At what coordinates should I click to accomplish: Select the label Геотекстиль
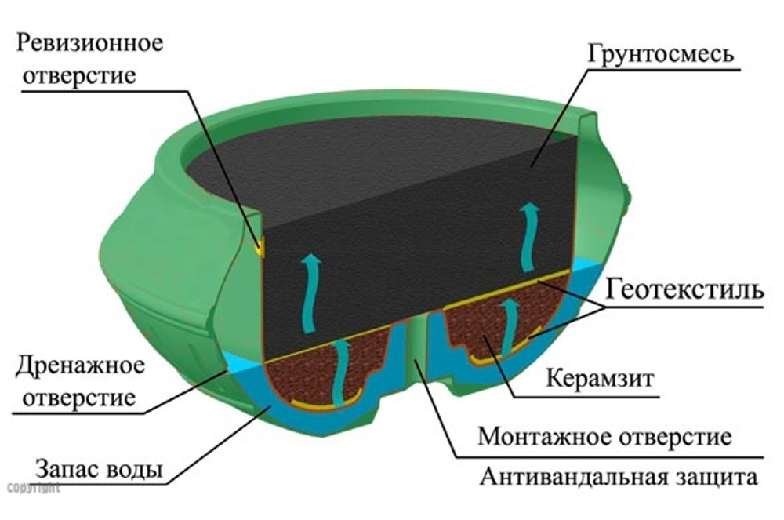coord(684,290)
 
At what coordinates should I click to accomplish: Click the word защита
coord(722,477)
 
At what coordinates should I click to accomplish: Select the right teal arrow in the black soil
coord(532,233)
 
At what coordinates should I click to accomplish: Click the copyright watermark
coord(32,488)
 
